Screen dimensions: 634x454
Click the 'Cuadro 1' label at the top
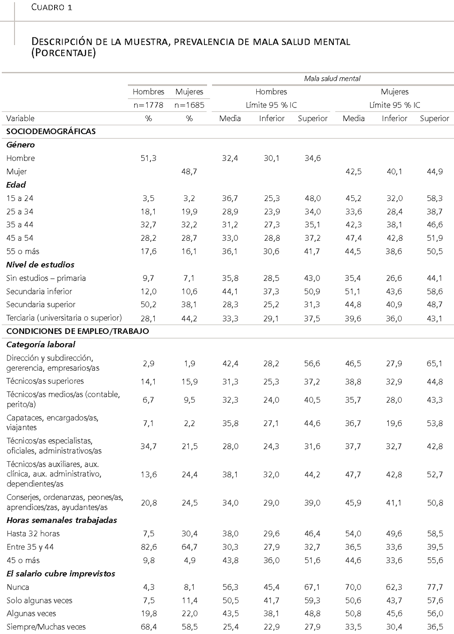tap(52, 8)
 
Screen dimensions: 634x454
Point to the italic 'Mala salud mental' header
tap(332, 79)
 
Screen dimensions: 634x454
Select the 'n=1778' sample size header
tap(149, 105)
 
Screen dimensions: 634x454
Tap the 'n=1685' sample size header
tap(189, 105)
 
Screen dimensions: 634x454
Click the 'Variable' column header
tap(20, 119)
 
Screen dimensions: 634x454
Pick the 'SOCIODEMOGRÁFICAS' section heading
tap(51, 131)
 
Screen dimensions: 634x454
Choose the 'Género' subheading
tap(20, 145)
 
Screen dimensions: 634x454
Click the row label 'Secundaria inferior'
tap(39, 291)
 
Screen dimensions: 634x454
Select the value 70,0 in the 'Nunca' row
tap(353, 587)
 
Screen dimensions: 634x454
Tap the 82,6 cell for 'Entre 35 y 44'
tap(149, 547)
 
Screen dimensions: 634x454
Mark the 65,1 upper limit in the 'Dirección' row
tap(434, 363)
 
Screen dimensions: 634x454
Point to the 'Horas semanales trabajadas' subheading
tap(62, 520)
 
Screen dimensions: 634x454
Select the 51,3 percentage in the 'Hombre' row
tap(149, 158)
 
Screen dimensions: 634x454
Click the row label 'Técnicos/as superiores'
tap(45, 381)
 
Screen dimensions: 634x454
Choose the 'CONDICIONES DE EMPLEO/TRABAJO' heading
tap(78, 331)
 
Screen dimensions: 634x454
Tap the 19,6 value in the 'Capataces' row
tap(394, 423)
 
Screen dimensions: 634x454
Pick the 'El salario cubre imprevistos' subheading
tap(61, 574)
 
